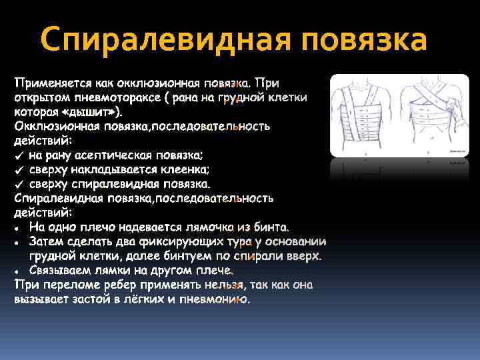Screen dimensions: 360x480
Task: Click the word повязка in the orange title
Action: pos(364,40)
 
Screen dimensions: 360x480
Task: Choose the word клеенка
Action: pos(186,169)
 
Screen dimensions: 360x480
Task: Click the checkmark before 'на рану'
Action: pos(19,155)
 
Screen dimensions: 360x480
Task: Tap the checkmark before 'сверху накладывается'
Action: pos(19,169)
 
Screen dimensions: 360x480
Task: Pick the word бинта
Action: pos(267,227)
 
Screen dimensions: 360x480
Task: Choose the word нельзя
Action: pos(223,285)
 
